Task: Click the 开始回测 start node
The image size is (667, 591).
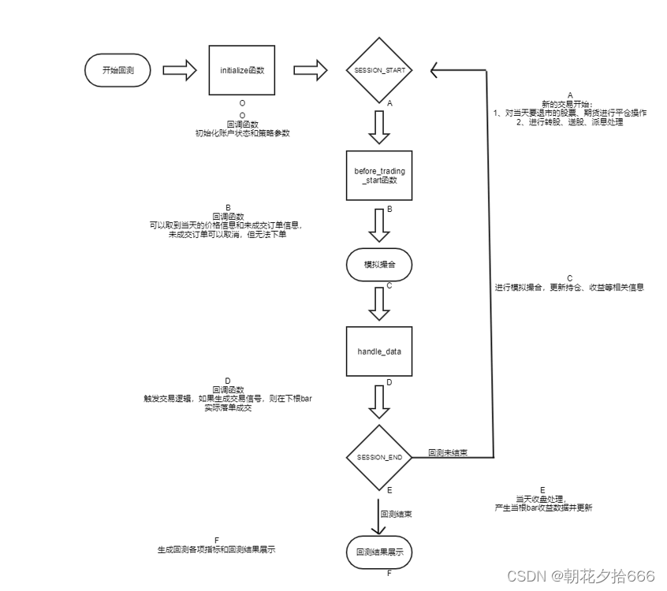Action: pyautogui.click(x=117, y=71)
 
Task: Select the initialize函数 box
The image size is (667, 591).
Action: pyautogui.click(x=242, y=71)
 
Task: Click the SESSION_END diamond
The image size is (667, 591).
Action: pyautogui.click(x=379, y=456)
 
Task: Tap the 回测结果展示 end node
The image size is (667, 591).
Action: pyautogui.click(x=379, y=552)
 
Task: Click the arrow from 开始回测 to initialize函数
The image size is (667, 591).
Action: pyautogui.click(x=179, y=71)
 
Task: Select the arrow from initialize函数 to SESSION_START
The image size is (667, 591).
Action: pyautogui.click(x=310, y=71)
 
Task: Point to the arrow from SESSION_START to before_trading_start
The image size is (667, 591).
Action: pyautogui.click(x=379, y=127)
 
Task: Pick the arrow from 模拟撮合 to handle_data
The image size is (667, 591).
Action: pyautogui.click(x=379, y=303)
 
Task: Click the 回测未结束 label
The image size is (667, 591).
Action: pyautogui.click(x=447, y=452)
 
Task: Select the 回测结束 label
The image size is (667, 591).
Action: pyautogui.click(x=395, y=514)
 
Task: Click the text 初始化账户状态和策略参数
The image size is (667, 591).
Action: pyautogui.click(x=242, y=133)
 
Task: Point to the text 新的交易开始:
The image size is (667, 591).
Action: pyautogui.click(x=569, y=104)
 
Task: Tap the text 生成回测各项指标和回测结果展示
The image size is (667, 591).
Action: pyautogui.click(x=216, y=549)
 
